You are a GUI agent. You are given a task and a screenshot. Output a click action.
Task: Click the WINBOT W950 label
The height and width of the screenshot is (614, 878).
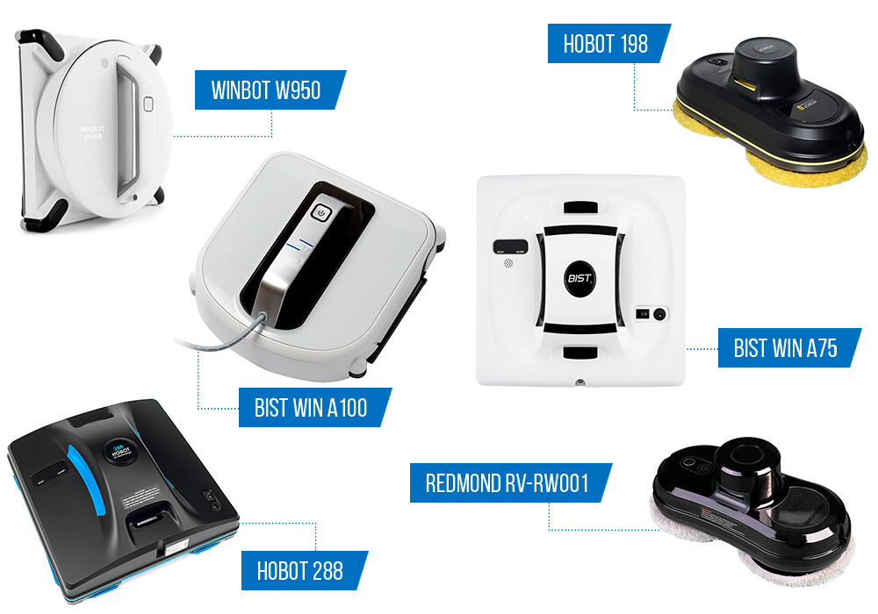[x=266, y=90]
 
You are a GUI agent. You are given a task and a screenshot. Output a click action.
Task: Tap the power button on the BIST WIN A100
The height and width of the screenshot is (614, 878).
[x=322, y=212]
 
